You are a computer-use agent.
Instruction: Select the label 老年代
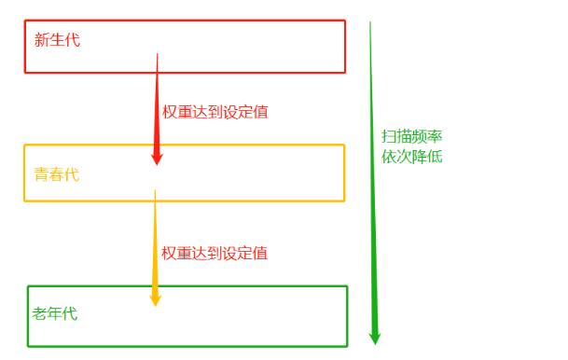click(x=55, y=313)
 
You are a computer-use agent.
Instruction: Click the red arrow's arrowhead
click(x=157, y=158)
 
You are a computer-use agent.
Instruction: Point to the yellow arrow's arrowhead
click(x=156, y=298)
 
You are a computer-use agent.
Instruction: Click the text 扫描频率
click(x=411, y=136)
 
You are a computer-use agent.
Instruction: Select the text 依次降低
click(x=411, y=156)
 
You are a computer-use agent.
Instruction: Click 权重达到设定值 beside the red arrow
click(x=222, y=112)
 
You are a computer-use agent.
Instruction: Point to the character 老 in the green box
click(x=40, y=313)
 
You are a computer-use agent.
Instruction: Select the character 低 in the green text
click(x=435, y=156)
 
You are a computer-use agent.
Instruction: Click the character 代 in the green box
click(x=70, y=313)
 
